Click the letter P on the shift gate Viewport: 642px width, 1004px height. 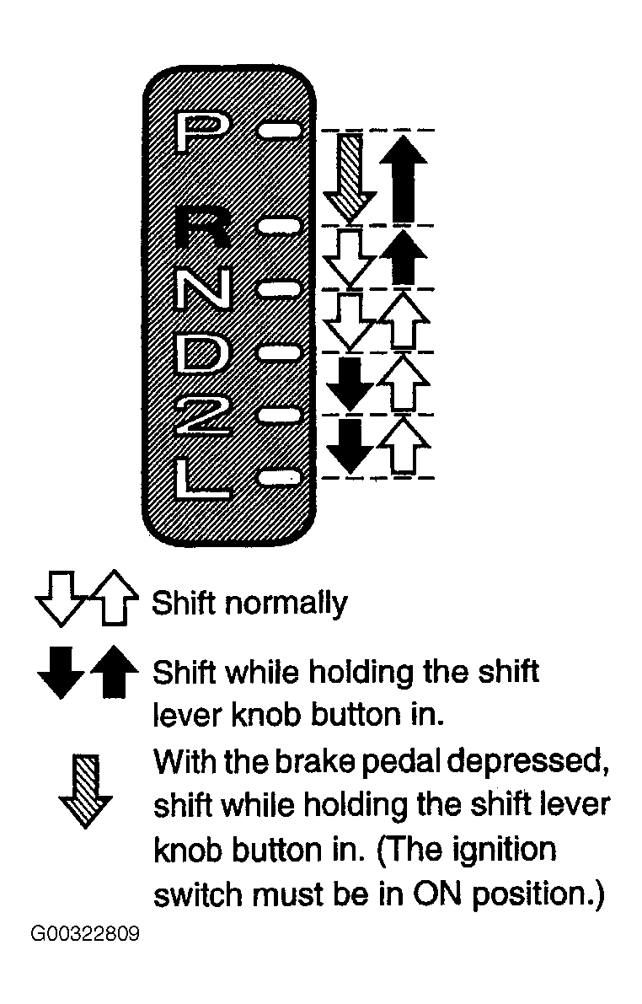pos(199,132)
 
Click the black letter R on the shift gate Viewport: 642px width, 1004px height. pos(201,228)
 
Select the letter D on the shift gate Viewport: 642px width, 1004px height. pos(201,354)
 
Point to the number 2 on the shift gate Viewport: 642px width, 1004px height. pos(203,416)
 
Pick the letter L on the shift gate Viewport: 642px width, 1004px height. pos(201,478)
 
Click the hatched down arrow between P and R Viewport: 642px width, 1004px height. pos(350,177)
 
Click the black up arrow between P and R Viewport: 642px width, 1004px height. pos(403,178)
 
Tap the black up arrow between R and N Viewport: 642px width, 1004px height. pos(403,257)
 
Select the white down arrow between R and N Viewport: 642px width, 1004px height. pos(350,257)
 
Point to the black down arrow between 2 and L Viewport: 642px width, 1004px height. pos(350,446)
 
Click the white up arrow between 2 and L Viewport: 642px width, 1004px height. pos(403,446)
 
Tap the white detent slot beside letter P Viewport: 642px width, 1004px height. pos(278,132)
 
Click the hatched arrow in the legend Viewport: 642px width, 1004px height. pos(86,791)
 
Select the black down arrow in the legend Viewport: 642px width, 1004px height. pos(61,673)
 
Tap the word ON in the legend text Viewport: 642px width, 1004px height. pos(436,894)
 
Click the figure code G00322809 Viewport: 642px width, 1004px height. pos(84,934)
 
